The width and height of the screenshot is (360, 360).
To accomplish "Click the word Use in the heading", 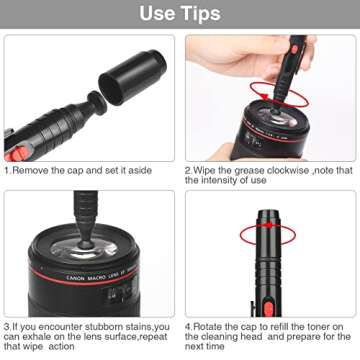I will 156,15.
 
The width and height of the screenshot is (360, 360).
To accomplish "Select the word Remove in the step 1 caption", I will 35,170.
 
